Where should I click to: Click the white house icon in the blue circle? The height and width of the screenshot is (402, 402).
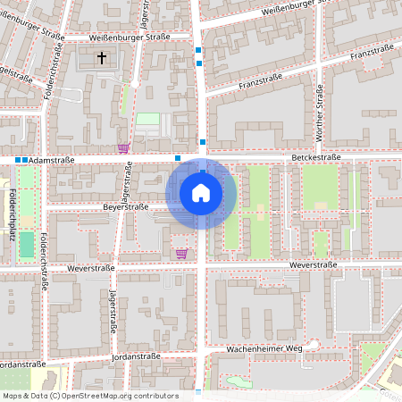point(201,193)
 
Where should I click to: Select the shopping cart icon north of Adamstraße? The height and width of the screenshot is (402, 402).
point(123,148)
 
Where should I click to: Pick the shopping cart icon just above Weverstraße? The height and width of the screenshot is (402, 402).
point(182,254)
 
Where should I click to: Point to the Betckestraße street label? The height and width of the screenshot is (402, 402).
point(315,157)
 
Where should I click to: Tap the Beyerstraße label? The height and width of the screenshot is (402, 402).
point(125,206)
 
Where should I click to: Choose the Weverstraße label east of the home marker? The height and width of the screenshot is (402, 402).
point(314,264)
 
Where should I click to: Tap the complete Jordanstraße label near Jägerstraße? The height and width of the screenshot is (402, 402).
point(137,356)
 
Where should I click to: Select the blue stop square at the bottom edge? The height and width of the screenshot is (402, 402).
point(198,392)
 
